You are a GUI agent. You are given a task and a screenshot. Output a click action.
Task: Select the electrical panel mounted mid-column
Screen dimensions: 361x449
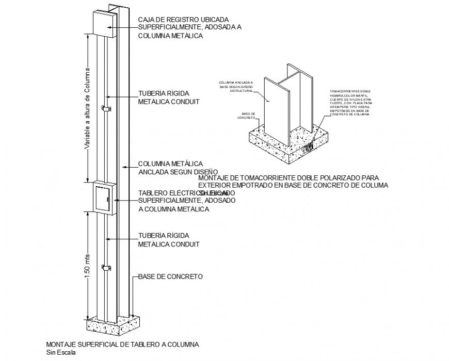tap(103, 197)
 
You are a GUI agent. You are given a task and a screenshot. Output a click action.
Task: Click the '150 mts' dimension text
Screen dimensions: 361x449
tap(88, 266)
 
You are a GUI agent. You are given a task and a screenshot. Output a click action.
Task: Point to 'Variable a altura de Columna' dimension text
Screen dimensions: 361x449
tap(88, 108)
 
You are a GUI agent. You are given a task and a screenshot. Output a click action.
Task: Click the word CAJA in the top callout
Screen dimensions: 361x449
tap(146, 20)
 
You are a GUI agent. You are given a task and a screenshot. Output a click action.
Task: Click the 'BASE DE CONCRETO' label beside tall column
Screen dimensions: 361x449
tap(170, 277)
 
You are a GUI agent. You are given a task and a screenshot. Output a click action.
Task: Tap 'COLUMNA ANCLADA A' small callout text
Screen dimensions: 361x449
tap(235, 83)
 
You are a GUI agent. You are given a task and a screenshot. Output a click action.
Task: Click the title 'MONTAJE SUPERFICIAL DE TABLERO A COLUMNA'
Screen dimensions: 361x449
tap(122, 344)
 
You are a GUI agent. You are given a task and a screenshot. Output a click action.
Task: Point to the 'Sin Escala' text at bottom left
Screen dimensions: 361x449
tap(60, 353)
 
